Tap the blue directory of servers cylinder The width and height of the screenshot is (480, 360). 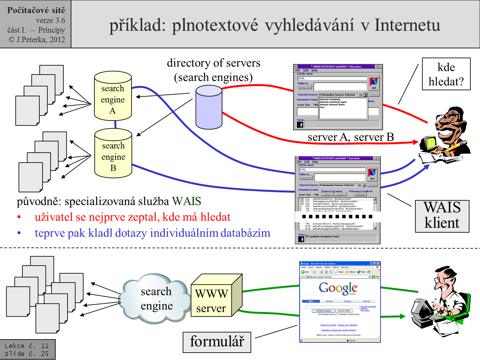tap(209, 108)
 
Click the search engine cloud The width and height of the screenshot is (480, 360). tap(156, 298)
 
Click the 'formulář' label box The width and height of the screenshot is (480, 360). tap(217, 342)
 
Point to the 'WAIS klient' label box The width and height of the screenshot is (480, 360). tap(442, 216)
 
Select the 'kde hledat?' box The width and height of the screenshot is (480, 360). tap(446, 74)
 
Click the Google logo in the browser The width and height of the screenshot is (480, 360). tap(338, 288)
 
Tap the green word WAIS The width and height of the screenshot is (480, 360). tap(187, 201)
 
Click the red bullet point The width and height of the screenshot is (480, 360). tap(19, 217)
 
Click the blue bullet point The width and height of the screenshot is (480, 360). tap(19, 233)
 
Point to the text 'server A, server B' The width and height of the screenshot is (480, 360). tap(351, 137)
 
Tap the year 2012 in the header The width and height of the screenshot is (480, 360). tap(57, 40)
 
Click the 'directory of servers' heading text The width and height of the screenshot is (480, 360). tap(213, 63)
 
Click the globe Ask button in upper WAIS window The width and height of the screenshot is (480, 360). tap(374, 83)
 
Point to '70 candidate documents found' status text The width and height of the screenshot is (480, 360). tap(322, 236)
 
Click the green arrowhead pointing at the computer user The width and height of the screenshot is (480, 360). tap(402, 316)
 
